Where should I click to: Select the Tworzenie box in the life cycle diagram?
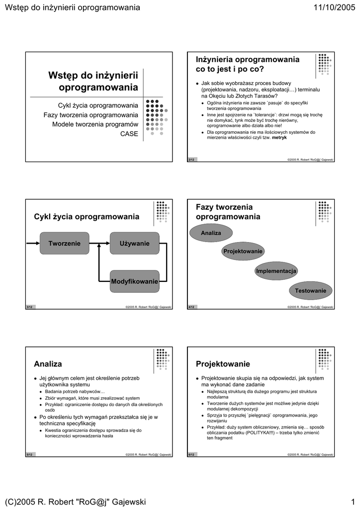click(x=64, y=244)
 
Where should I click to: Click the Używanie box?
click(x=134, y=244)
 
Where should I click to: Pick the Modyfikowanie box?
click(x=134, y=281)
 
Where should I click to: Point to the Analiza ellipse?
click(x=211, y=233)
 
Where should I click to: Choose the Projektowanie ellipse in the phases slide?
click(x=243, y=252)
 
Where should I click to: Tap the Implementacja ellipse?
click(x=276, y=271)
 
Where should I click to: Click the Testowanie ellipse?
click(x=310, y=290)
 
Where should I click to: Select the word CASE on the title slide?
click(x=129, y=134)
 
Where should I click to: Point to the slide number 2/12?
click(x=191, y=160)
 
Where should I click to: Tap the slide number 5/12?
click(x=30, y=455)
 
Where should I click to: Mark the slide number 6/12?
click(x=191, y=455)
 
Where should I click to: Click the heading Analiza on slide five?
click(x=48, y=364)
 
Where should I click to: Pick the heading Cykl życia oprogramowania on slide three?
click(x=87, y=217)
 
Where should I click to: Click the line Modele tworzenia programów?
click(x=95, y=124)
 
